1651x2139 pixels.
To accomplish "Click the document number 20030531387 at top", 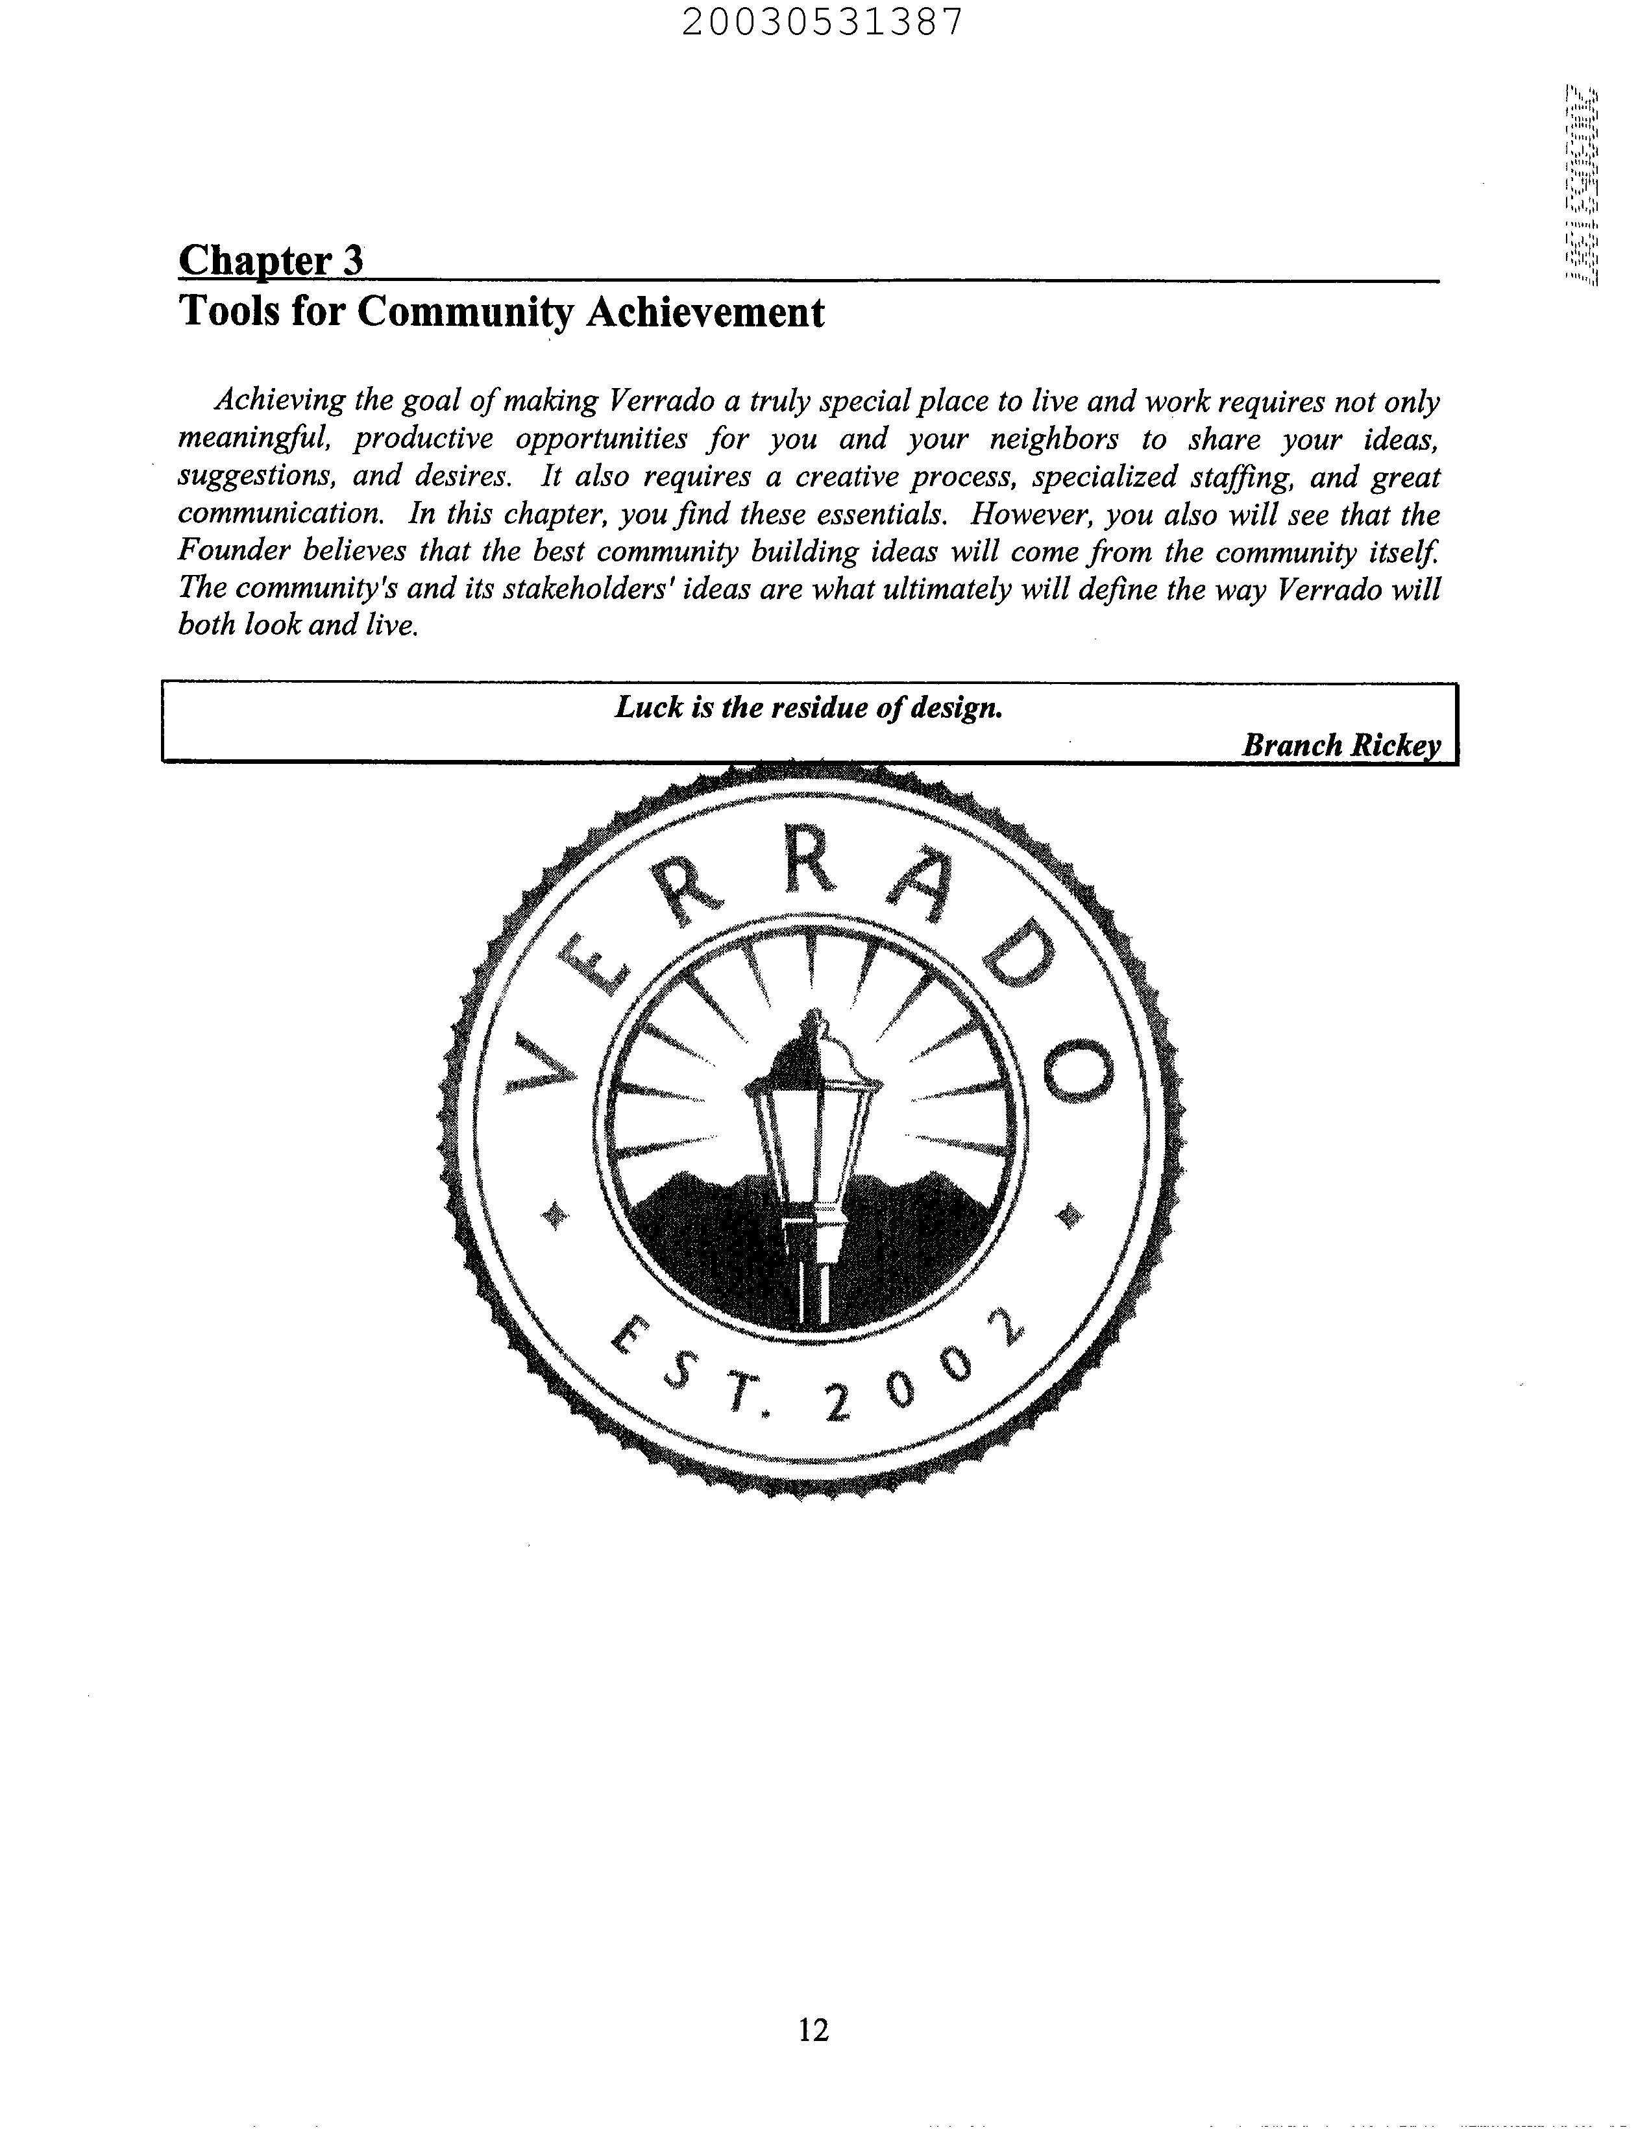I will (822, 21).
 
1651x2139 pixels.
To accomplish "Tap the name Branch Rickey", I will (1341, 745).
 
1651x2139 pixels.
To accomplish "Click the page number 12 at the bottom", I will (813, 2030).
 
